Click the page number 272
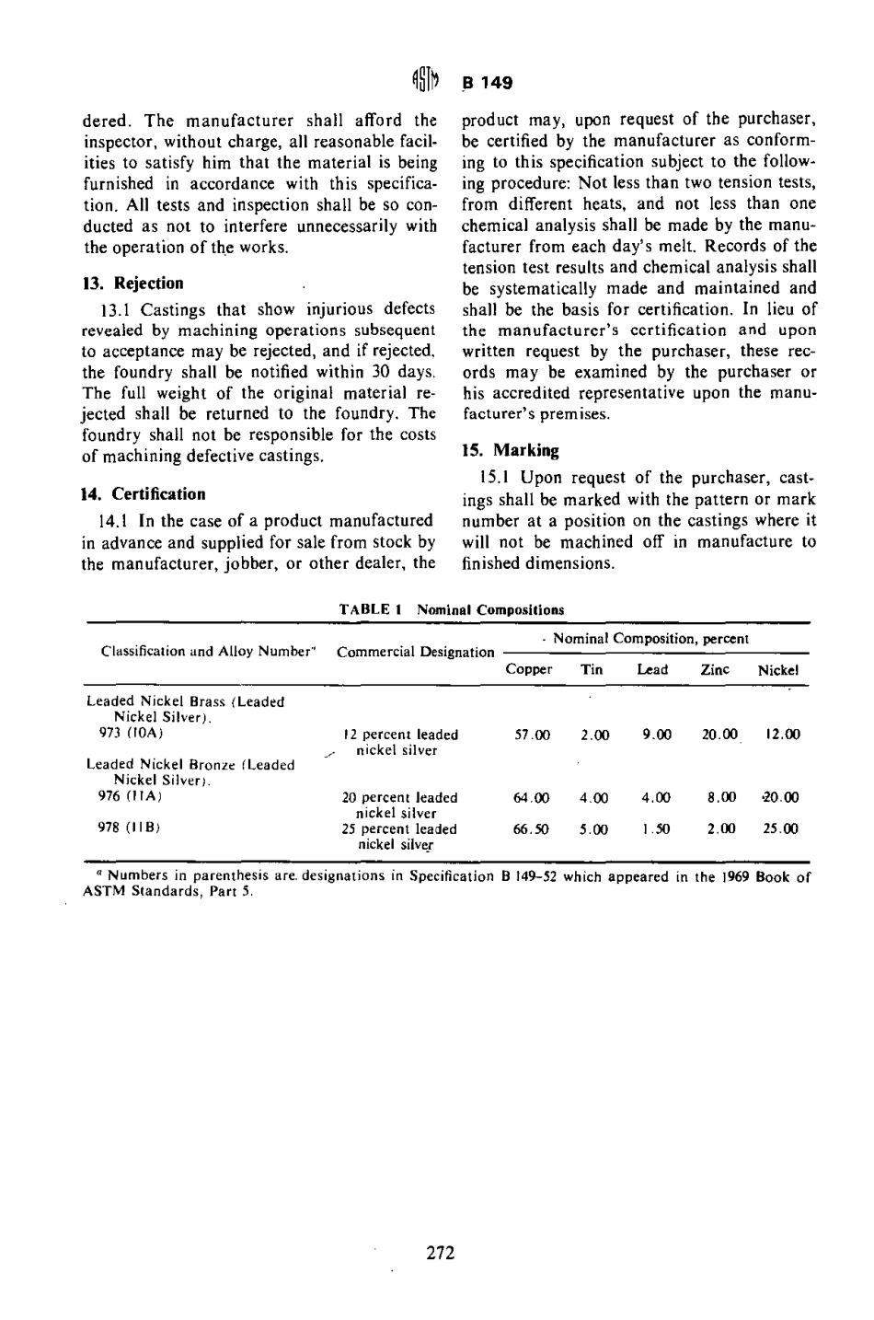click(x=441, y=1253)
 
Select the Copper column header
click(x=529, y=669)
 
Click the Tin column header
click(x=592, y=669)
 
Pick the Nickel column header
click(x=777, y=670)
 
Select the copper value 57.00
click(x=532, y=735)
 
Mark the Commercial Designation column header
click(x=416, y=653)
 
